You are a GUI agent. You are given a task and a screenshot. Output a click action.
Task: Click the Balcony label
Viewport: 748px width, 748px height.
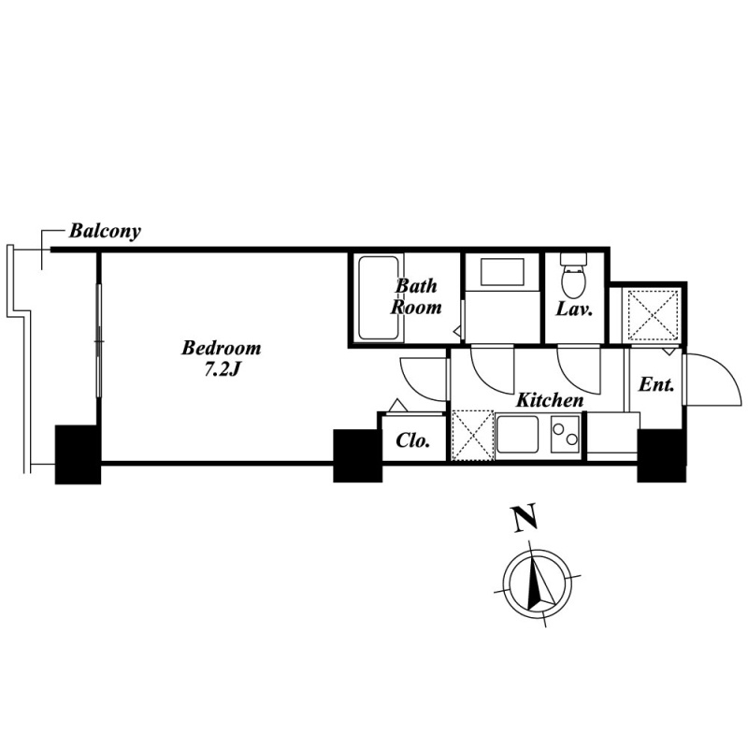(105, 231)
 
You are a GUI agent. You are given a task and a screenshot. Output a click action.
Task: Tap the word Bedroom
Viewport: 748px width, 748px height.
(222, 348)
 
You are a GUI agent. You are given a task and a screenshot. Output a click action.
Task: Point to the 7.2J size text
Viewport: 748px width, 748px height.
(222, 370)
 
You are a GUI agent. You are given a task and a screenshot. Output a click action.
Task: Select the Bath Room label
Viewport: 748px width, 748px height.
(416, 296)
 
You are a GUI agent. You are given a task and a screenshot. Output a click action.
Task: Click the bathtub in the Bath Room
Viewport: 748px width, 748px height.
(379, 298)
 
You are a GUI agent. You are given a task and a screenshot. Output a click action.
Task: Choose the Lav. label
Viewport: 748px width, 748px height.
(574, 309)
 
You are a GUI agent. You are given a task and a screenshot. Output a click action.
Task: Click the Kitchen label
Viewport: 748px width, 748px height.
(550, 400)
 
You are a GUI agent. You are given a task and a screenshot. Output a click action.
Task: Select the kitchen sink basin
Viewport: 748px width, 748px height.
(518, 435)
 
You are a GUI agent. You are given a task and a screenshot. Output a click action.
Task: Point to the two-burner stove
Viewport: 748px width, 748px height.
(566, 434)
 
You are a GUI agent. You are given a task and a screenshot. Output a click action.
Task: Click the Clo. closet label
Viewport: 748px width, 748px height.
(413, 440)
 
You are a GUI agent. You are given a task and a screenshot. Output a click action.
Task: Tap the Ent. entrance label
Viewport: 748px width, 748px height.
(656, 384)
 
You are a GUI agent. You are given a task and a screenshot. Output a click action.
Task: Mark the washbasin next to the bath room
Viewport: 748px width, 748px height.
(502, 272)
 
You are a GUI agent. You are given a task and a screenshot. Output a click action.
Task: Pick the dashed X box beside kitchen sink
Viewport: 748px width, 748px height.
(472, 435)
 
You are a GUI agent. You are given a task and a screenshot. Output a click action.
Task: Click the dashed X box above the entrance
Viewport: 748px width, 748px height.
(653, 314)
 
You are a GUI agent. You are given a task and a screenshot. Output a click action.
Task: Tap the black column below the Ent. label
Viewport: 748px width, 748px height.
(662, 456)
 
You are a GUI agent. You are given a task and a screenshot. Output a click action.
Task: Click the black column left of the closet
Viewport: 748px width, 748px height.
(358, 456)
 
